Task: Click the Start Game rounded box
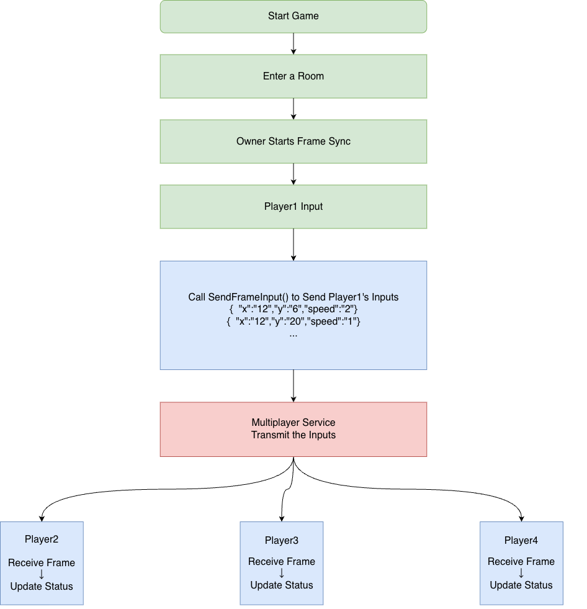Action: [293, 16]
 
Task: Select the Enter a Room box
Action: [293, 76]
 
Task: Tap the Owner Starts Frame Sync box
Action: [293, 141]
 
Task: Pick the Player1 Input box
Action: [293, 206]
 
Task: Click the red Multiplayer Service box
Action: [293, 429]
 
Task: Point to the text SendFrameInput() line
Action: [293, 297]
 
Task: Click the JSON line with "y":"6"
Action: [293, 309]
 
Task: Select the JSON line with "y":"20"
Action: [293, 322]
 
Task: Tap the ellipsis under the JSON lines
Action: [293, 334]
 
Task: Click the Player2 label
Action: [42, 539]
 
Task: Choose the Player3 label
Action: [281, 540]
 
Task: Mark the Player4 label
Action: [521, 540]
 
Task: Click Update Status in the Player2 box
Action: [42, 586]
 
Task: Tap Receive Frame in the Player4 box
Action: [521, 561]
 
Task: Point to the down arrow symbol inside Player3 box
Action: [281, 573]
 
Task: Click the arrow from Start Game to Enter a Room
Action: [293, 43]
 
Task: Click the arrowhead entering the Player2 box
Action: [41, 518]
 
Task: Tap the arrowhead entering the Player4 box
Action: [521, 518]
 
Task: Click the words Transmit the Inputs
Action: [293, 435]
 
